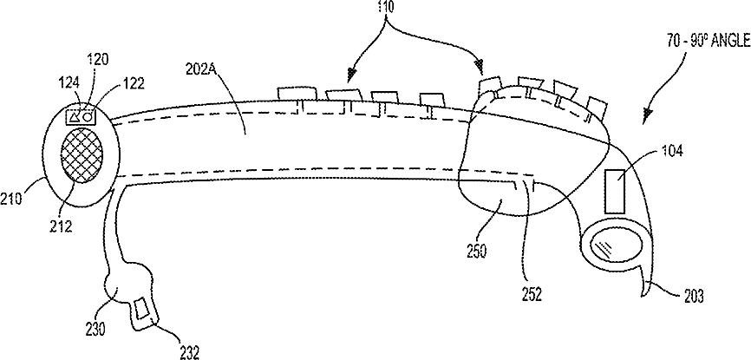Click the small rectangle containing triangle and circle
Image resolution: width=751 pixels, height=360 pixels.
[82, 114]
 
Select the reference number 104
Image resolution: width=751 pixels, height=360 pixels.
[670, 149]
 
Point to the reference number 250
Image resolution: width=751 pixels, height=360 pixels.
[476, 252]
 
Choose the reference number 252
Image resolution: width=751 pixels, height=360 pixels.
[532, 293]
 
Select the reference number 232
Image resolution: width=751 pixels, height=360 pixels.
[189, 350]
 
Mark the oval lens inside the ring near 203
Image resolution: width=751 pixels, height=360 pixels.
[612, 245]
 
